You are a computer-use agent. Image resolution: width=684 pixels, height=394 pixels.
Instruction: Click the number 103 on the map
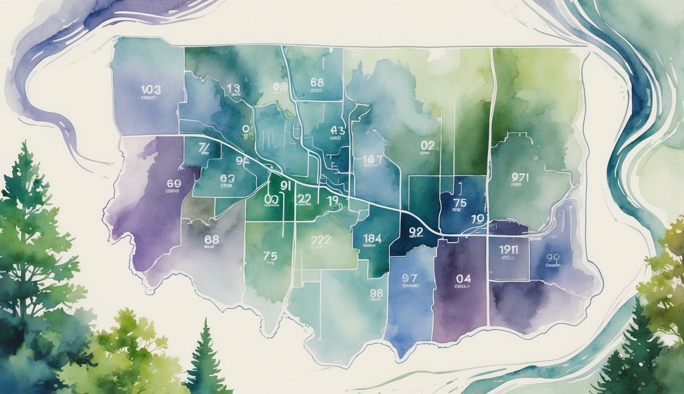(150, 90)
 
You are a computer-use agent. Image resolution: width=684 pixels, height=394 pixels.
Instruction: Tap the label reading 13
(233, 88)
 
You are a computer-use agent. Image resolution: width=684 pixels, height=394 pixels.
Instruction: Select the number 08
(279, 87)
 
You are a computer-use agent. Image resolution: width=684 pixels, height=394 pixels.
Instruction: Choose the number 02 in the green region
(427, 146)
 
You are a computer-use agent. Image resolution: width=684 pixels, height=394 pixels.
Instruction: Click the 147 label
(373, 160)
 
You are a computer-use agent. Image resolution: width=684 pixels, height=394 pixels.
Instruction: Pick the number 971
(520, 178)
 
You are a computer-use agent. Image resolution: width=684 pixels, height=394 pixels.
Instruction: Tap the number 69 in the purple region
(174, 183)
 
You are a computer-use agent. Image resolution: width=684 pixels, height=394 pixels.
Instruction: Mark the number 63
(227, 179)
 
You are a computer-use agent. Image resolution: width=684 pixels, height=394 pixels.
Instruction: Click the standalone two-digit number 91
(285, 186)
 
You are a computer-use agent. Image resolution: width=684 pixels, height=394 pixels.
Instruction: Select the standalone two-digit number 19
(333, 200)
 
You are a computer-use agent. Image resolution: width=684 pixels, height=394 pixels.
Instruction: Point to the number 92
(416, 232)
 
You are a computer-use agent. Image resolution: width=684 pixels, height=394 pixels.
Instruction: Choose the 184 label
(372, 238)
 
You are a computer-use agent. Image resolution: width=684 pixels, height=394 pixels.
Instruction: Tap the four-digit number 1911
(508, 250)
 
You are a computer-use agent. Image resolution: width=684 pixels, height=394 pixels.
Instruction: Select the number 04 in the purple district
(463, 279)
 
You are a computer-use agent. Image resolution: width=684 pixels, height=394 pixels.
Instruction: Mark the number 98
(376, 293)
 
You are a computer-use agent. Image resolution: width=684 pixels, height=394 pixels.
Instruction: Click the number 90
(553, 258)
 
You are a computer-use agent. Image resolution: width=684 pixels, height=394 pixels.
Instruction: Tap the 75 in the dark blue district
(460, 203)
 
